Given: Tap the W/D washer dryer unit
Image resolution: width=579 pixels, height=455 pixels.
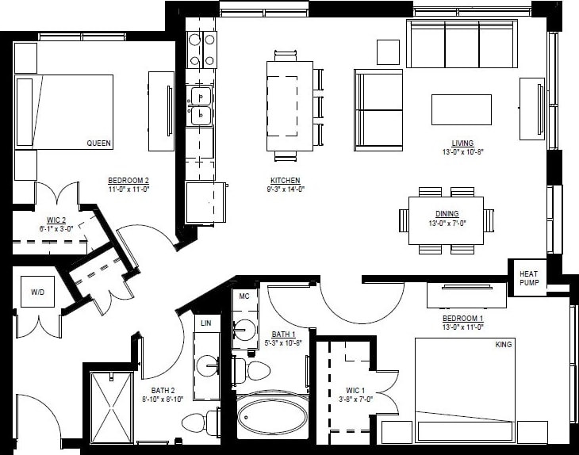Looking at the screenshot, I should pos(38,292).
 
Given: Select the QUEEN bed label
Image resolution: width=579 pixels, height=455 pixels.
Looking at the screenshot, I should pos(98,143).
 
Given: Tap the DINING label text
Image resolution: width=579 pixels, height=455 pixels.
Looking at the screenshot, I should pos(447,214).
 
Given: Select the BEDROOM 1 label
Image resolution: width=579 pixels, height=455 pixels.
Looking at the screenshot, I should pos(463,319).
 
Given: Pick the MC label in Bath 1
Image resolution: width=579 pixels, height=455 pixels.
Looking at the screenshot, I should pos(244,295).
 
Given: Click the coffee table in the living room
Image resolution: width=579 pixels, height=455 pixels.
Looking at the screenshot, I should pos(461,109).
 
